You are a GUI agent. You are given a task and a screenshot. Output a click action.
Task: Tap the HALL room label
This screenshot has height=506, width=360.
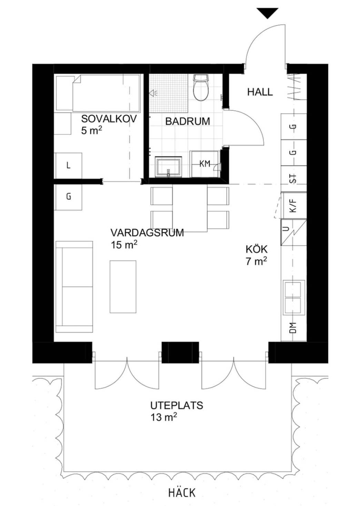click(260, 92)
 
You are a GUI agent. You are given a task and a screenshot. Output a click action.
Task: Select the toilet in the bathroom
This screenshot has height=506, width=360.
click(201, 88)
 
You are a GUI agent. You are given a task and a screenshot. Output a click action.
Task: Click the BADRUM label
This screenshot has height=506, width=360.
click(188, 121)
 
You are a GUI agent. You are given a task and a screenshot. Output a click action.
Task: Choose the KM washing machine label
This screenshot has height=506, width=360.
click(205, 164)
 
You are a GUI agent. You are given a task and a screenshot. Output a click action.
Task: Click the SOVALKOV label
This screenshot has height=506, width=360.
click(109, 119)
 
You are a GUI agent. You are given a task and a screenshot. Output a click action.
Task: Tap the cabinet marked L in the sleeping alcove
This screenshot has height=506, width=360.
click(69, 166)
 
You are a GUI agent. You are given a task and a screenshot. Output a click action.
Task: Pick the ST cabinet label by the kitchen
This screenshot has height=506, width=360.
click(293, 178)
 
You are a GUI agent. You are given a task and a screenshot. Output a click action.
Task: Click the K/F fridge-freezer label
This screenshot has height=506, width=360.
click(293, 206)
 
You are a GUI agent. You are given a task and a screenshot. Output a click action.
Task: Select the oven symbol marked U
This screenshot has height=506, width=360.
click(294, 232)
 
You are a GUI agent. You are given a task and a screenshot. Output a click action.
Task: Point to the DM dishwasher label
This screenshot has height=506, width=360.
click(293, 328)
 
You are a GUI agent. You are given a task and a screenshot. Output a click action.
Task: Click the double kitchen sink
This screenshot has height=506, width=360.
click(293, 298)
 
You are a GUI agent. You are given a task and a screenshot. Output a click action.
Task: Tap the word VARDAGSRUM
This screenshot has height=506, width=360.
click(147, 233)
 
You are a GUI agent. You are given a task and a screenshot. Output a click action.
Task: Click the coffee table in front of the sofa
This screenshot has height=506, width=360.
click(123, 287)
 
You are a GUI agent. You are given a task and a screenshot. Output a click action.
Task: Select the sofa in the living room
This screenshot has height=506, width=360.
click(74, 287)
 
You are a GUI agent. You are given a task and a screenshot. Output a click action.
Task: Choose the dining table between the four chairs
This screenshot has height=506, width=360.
click(190, 208)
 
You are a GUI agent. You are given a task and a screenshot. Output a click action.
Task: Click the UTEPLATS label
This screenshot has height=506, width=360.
click(177, 406)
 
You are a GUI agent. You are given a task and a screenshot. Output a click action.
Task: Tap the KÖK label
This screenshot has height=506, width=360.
click(257, 250)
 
